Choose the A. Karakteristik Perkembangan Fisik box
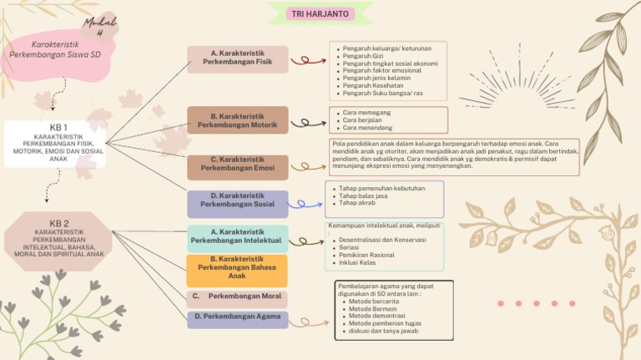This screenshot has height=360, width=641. (x=237, y=58)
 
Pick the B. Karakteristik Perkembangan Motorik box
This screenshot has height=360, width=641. (x=237, y=121)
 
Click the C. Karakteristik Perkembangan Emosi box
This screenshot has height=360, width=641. (x=237, y=164)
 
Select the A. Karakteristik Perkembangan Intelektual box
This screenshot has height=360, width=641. (x=237, y=236)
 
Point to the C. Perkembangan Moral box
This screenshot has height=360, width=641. (x=237, y=297)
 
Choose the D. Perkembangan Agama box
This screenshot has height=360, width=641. (x=237, y=317)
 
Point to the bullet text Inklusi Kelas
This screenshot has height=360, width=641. (x=357, y=262)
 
